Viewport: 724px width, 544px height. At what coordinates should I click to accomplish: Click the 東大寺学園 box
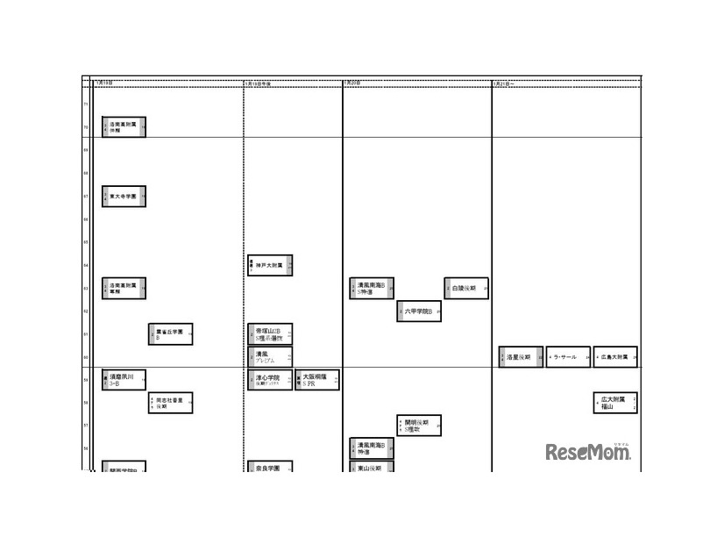click(124, 197)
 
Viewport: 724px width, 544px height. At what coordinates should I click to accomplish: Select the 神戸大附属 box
click(270, 265)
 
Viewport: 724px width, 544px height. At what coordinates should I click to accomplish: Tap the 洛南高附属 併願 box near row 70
click(124, 127)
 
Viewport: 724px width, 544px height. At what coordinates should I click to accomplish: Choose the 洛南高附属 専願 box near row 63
click(124, 288)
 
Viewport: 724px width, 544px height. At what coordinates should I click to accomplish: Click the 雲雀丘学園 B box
click(170, 334)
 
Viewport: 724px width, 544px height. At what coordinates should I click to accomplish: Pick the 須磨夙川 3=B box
click(124, 380)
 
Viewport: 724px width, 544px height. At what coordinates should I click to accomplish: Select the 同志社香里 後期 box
click(170, 403)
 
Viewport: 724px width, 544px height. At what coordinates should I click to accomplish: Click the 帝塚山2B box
click(270, 334)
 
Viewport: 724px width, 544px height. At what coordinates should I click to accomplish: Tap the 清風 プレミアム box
click(270, 357)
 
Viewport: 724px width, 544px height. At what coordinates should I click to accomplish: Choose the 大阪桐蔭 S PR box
click(317, 380)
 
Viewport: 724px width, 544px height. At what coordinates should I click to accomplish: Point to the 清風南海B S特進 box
click(372, 288)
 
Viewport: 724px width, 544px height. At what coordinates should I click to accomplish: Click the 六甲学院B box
click(419, 311)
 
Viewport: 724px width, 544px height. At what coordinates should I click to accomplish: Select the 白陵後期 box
click(466, 288)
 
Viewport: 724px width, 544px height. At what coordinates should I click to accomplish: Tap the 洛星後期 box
click(521, 357)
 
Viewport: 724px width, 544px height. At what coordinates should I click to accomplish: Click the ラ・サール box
click(568, 357)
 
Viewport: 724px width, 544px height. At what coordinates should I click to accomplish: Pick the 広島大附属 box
click(615, 357)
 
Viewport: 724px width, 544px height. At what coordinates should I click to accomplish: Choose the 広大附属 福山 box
click(615, 403)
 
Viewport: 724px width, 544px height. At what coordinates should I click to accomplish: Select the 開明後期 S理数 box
click(419, 426)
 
